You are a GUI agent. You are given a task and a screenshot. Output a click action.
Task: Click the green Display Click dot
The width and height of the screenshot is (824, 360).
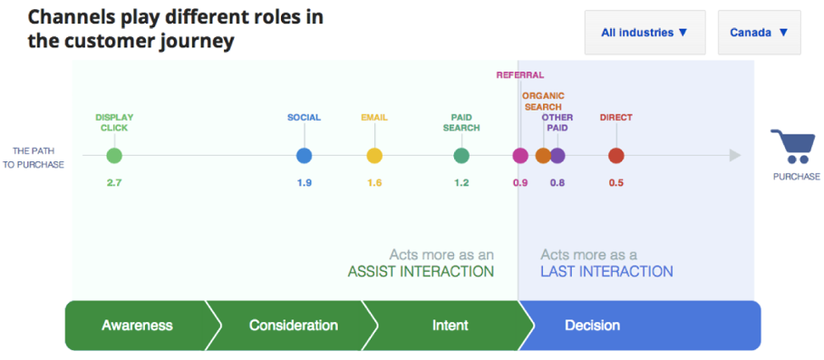pos(113,156)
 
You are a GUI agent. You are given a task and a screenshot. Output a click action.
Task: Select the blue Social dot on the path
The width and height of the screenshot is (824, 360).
pos(304,156)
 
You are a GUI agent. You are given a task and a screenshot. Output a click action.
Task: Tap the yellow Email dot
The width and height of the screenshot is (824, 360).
pos(374,156)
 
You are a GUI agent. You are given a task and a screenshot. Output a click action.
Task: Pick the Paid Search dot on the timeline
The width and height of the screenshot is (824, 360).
pos(461,156)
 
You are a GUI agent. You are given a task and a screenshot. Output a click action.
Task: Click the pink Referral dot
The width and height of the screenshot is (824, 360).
pos(520,156)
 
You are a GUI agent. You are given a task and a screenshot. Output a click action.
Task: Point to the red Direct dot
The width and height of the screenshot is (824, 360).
pos(616,156)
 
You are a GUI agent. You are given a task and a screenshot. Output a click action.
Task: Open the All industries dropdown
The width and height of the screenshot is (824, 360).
pos(645,33)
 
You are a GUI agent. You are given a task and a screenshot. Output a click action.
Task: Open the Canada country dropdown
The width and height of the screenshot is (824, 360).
pos(759,33)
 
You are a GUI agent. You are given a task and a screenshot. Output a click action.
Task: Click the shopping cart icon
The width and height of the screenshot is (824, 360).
pos(791,147)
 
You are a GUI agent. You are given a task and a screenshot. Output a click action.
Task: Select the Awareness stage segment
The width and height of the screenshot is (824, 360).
pos(137,326)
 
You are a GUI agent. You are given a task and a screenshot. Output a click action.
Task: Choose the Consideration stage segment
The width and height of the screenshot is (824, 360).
pos(293,326)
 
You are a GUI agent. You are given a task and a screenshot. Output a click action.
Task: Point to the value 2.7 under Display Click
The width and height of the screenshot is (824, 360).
pos(113,183)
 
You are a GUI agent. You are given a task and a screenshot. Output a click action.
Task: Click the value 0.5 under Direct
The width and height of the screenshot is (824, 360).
pos(616,183)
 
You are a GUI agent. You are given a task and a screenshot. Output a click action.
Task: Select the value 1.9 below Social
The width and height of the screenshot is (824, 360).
pos(304,183)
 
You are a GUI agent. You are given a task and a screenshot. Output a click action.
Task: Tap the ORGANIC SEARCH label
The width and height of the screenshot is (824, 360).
pos(543,101)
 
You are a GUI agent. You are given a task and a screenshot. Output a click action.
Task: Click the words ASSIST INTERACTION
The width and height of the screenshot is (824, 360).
pos(421,272)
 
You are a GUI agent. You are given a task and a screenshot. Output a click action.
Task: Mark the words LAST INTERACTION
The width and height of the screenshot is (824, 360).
pos(606,272)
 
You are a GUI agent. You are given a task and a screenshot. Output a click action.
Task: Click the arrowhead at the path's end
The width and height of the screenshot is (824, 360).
pos(734,156)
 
